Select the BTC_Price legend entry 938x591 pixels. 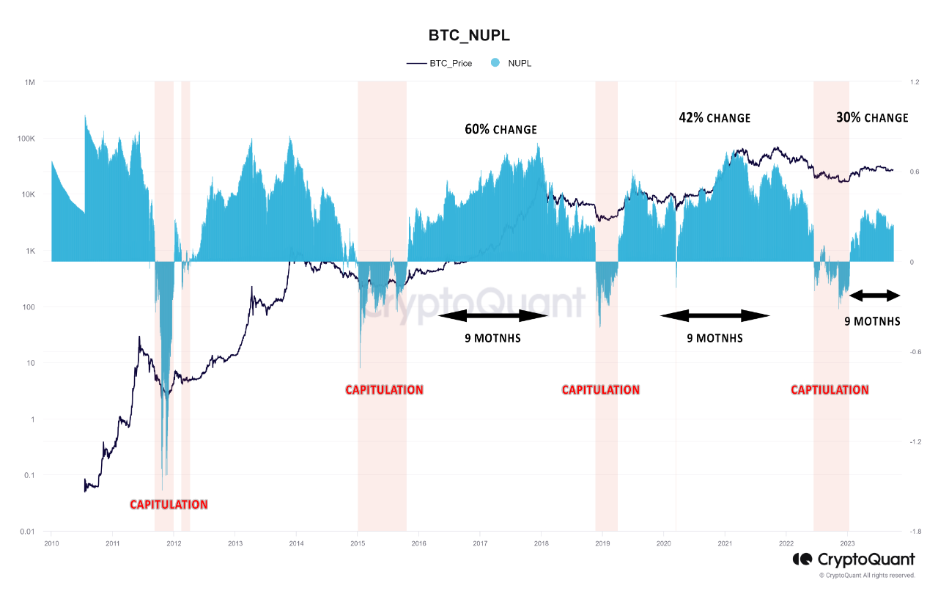(x=440, y=63)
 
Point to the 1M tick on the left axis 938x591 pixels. (x=30, y=82)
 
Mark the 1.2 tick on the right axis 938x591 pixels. (x=894, y=82)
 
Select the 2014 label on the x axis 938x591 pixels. (x=296, y=543)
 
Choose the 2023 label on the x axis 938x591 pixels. (x=847, y=543)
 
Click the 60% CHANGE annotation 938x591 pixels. (x=501, y=130)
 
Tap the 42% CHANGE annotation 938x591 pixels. (x=714, y=117)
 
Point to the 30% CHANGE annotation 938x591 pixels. (x=872, y=117)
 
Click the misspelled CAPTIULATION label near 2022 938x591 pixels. (x=830, y=390)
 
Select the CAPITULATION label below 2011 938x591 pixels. (x=169, y=504)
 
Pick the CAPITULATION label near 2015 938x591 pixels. (x=384, y=390)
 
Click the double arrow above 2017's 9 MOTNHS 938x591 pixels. (x=494, y=316)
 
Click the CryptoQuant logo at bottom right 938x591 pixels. (x=853, y=559)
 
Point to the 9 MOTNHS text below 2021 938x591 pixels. (x=714, y=338)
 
